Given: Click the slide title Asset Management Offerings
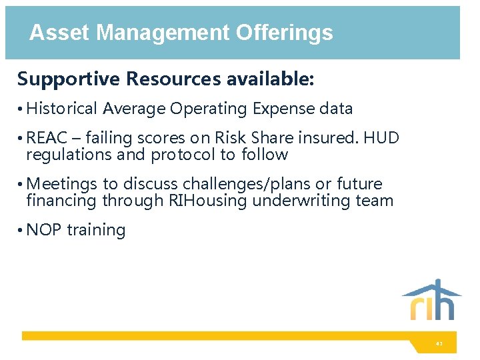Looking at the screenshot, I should (x=181, y=33).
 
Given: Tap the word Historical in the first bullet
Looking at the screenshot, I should (x=63, y=109).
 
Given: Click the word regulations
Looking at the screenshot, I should (x=60, y=155).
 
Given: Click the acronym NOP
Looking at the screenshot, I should (x=44, y=230).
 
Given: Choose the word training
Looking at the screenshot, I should (x=96, y=230).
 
